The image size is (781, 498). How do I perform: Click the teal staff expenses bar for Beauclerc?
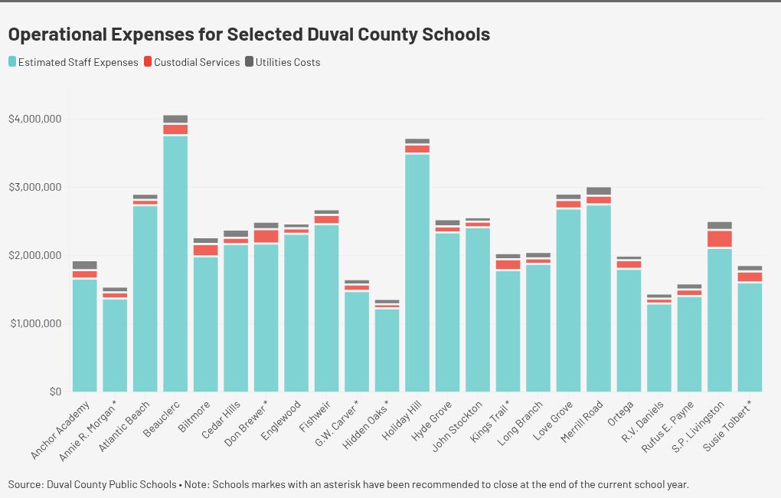pyautogui.click(x=175, y=264)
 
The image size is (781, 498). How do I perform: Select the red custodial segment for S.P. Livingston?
pyautogui.click(x=720, y=239)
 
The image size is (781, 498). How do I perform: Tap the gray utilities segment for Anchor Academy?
pyautogui.click(x=85, y=265)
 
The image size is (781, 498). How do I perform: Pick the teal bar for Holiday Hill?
pyautogui.click(x=417, y=273)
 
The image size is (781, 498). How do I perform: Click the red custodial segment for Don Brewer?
pyautogui.click(x=266, y=236)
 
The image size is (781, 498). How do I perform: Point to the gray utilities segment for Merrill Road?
pyautogui.click(x=599, y=191)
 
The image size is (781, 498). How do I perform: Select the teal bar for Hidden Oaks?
pyautogui.click(x=387, y=350)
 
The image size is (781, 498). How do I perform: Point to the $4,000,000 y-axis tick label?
pyautogui.click(x=34, y=119)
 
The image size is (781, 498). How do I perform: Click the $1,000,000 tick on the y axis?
pyautogui.click(x=34, y=323)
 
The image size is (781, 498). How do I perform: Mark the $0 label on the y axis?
pyautogui.click(x=54, y=392)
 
